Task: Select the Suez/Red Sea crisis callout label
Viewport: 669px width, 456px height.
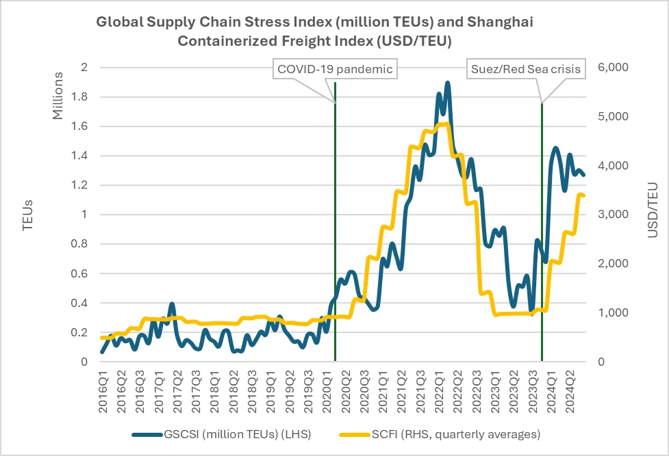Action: click(525, 69)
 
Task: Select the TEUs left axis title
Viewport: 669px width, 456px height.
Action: click(27, 214)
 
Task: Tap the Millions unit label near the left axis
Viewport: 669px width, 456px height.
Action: click(59, 95)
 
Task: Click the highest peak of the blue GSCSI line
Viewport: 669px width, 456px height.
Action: click(447, 83)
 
